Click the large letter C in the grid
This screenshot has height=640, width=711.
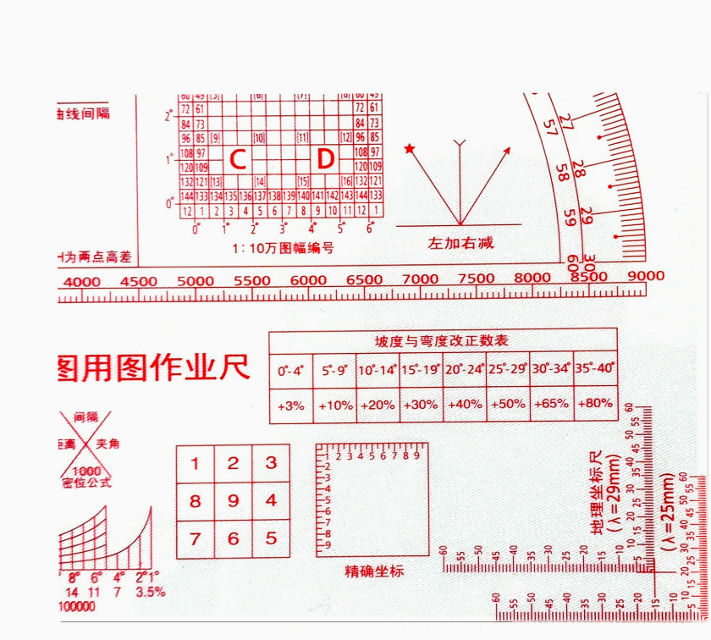[238, 159]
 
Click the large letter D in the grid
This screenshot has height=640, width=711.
[326, 159]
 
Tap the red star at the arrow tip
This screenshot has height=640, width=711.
[411, 149]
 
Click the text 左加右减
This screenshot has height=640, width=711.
[460, 243]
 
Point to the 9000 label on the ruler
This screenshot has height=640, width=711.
[646, 276]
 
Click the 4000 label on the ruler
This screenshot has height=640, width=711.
[81, 281]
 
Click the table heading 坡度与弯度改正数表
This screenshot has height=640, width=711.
[442, 341]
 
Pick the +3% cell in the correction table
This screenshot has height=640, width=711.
[290, 406]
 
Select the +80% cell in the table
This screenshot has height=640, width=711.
[595, 403]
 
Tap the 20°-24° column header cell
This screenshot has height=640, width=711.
[464, 370]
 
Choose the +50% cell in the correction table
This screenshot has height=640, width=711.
[508, 405]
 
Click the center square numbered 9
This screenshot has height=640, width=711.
[233, 501]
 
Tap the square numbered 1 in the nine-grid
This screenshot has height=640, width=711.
[196, 463]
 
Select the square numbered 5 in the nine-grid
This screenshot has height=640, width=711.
[271, 538]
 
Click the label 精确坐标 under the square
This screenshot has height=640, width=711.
[374, 571]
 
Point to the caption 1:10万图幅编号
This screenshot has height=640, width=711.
[284, 248]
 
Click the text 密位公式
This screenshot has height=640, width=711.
[86, 483]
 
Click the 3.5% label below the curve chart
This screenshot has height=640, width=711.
[150, 592]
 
